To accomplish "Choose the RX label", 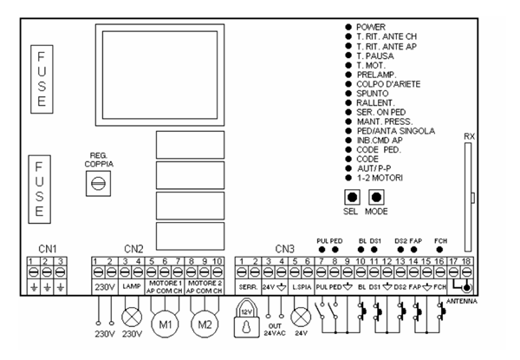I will pyautogui.click(x=470, y=135).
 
